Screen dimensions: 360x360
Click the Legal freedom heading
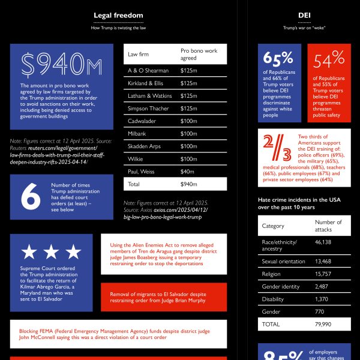click(x=118, y=15)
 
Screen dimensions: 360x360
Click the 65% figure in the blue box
click(x=278, y=58)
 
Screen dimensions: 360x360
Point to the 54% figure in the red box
click(x=329, y=58)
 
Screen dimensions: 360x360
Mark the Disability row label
click(x=273, y=299)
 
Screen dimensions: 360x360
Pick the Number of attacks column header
click(x=328, y=226)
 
